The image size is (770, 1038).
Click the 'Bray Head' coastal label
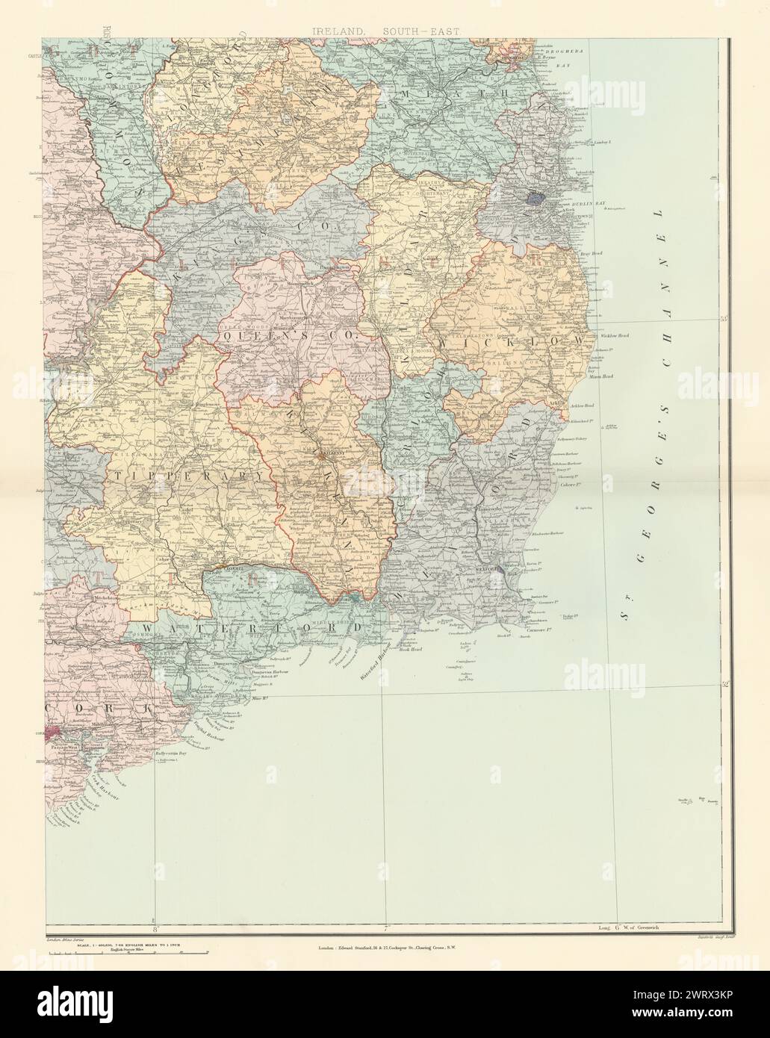592,254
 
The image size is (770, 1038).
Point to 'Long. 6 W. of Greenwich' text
627,929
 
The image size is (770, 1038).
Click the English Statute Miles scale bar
131,953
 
